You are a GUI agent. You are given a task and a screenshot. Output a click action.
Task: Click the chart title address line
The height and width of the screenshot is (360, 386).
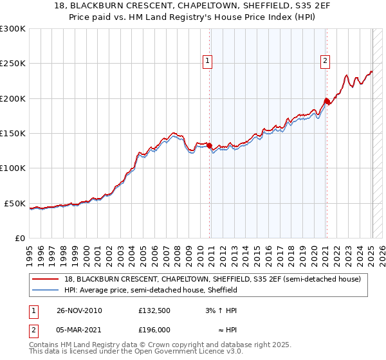192,6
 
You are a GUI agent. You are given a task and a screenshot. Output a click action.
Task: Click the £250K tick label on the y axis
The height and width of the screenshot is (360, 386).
13,64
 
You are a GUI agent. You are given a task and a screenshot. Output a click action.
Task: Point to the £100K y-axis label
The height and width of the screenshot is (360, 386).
13,168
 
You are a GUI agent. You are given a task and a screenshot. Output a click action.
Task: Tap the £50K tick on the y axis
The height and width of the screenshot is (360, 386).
15,203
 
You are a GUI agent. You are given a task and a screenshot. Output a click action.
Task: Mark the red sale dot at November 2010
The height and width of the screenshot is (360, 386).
210,145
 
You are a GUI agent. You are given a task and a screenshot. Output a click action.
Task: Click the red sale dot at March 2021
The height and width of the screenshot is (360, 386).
326,101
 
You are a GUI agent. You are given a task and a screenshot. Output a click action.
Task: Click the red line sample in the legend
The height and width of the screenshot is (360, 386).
46,280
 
